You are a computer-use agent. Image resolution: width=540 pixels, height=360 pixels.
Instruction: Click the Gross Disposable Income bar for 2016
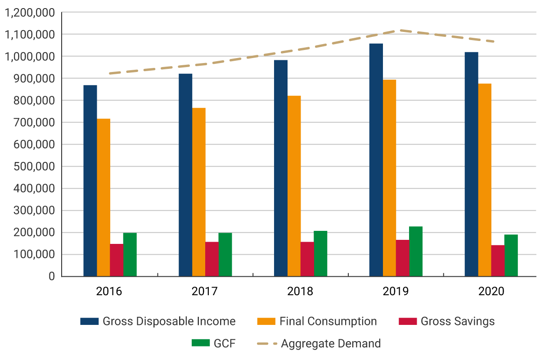(90, 180)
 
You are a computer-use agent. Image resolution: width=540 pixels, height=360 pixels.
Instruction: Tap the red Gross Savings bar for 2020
(498, 261)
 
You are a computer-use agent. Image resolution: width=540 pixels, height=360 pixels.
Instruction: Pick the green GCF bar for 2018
(320, 253)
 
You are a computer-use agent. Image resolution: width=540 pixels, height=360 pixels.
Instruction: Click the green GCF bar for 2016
(130, 254)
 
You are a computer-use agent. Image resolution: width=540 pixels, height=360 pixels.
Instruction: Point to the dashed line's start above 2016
(110, 73)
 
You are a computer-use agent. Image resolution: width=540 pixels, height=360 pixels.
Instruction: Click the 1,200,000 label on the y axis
(29, 13)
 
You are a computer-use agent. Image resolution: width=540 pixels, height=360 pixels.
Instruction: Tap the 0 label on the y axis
(51, 276)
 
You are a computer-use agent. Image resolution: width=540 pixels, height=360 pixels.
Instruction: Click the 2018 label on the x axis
(300, 291)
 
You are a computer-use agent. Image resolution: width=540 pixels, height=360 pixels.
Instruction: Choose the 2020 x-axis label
(491, 291)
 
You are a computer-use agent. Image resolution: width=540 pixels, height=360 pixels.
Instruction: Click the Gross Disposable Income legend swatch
(89, 321)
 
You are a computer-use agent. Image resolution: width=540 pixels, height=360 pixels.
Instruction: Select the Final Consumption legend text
(328, 321)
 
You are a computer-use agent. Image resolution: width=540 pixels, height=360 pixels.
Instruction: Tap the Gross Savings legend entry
(457, 321)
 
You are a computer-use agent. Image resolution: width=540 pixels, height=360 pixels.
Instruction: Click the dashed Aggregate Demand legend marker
(266, 344)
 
